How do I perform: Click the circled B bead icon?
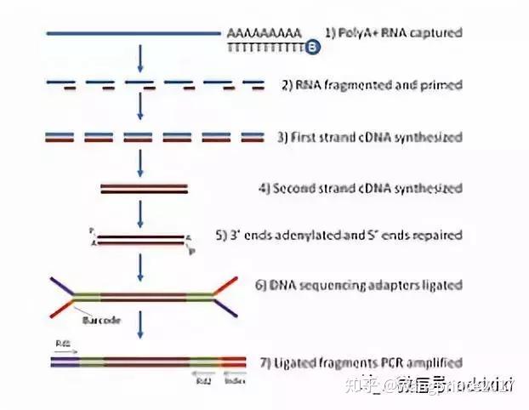[x=312, y=48]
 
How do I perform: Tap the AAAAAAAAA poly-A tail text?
[x=264, y=33]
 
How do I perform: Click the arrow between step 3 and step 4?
[x=140, y=162]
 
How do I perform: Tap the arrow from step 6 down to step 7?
[x=140, y=323]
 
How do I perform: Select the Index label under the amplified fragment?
[x=231, y=380]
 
